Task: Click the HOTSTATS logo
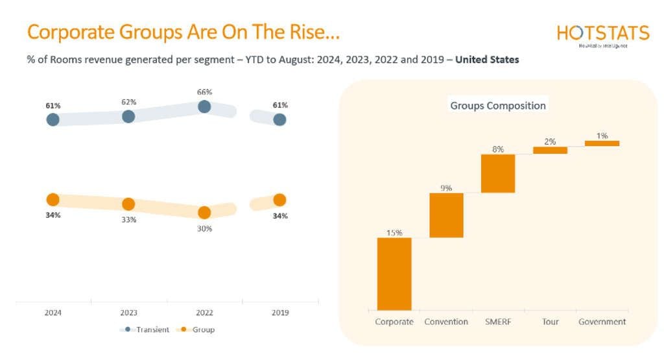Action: tap(602, 34)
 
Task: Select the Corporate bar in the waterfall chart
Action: tap(394, 274)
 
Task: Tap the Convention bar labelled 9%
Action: tap(446, 215)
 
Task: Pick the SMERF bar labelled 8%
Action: tap(498, 173)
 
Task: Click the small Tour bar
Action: tap(550, 150)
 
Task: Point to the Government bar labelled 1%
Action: tap(602, 143)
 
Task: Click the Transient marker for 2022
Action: tap(204, 106)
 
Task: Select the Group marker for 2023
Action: tap(128, 204)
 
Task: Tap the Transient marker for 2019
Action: tap(279, 119)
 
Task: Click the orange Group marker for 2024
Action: tap(53, 200)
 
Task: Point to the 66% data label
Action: tap(204, 92)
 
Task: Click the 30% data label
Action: tap(204, 228)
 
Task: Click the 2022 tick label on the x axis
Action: tap(204, 313)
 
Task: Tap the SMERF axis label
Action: tap(498, 322)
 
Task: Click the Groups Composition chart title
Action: tap(498, 105)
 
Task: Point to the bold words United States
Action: tap(487, 60)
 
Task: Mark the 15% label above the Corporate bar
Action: tap(394, 232)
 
